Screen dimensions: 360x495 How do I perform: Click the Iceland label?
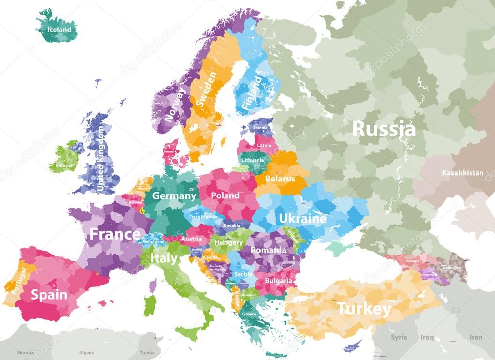59,30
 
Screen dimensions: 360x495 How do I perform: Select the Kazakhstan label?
462,173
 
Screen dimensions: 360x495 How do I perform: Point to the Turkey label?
363,308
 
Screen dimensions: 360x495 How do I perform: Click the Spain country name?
49,294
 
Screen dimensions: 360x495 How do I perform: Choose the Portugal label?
17,280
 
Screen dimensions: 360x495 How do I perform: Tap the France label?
115,235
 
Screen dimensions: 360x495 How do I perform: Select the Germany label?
174,196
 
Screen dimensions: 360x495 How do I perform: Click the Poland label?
225,195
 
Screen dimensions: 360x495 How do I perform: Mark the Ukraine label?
302,219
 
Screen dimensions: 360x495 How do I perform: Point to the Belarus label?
280,179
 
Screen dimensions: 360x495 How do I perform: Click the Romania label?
269,250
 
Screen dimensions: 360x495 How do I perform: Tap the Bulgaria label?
278,281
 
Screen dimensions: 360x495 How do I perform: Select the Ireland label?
63,165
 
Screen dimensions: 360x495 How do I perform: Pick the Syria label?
399,337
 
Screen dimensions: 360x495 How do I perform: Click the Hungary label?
229,242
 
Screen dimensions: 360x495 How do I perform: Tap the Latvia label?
264,145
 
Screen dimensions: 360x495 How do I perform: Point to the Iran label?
476,337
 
